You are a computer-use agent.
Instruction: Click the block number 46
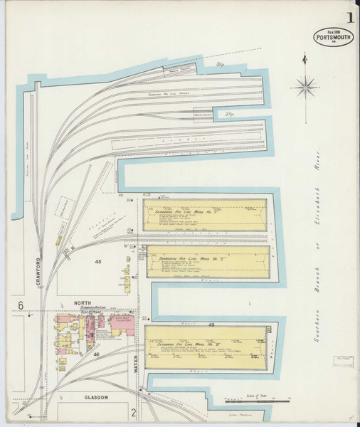click(x=95, y=354)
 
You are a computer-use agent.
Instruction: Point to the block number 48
click(x=211, y=325)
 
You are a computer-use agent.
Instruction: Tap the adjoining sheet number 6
click(x=21, y=305)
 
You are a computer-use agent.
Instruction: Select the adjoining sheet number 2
click(x=133, y=411)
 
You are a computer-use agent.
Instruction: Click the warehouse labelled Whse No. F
click(x=206, y=214)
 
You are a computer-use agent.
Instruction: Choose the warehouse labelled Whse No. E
click(x=207, y=261)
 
